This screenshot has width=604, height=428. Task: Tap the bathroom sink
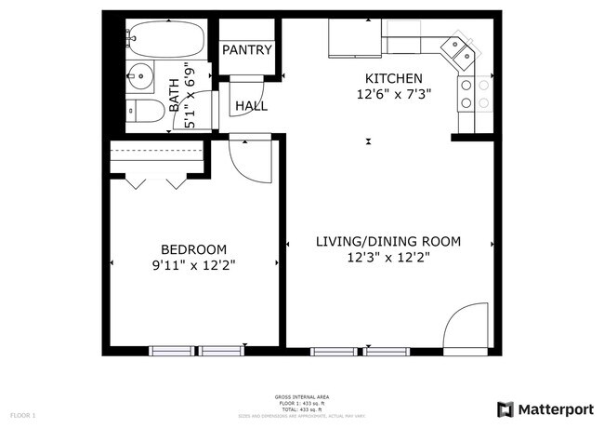tap(142, 76)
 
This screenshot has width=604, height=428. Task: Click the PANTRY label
tap(246, 50)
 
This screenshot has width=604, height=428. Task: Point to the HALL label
tap(251, 106)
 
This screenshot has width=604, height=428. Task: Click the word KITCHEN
tap(393, 78)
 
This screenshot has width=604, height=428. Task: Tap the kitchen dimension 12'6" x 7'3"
tap(393, 95)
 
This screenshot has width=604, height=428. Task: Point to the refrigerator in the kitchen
tap(353, 37)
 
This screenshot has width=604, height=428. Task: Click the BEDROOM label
tap(194, 249)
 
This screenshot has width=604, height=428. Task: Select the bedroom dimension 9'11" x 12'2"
tap(194, 265)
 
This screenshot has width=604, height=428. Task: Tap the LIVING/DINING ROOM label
tap(387, 242)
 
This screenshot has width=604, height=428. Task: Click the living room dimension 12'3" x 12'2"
tap(387, 258)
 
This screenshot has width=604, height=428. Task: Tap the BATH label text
tap(174, 95)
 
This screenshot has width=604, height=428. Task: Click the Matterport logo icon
tap(506, 408)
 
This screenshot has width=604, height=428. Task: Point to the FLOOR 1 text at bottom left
tap(22, 414)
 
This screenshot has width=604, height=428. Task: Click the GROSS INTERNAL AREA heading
tap(302, 397)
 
